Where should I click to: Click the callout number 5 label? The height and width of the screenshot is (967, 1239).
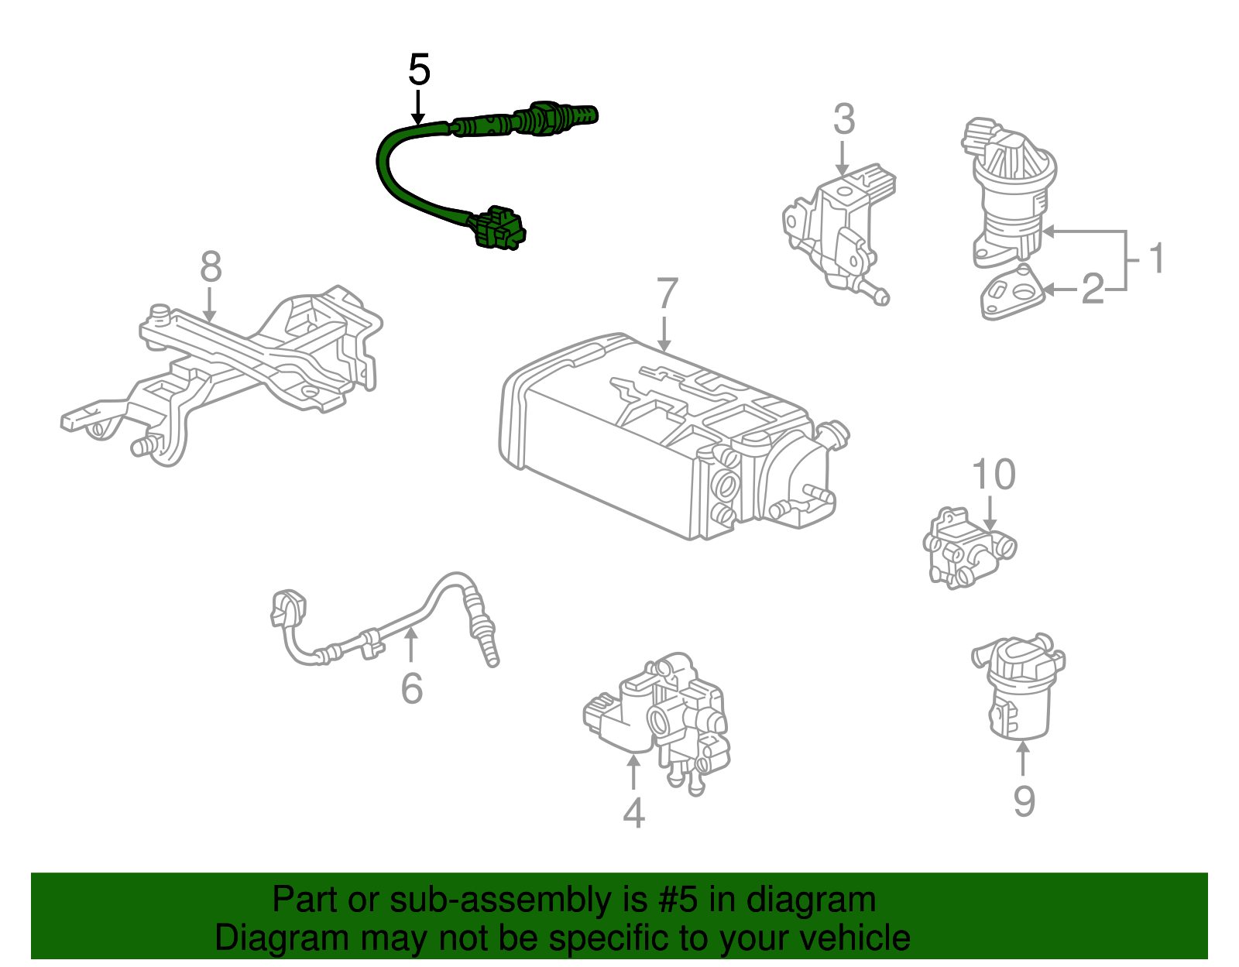(x=419, y=70)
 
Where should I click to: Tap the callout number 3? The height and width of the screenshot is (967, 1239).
(x=844, y=120)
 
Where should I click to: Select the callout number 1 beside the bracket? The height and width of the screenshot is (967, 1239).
(x=1156, y=259)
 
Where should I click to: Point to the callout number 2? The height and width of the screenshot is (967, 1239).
(x=1093, y=290)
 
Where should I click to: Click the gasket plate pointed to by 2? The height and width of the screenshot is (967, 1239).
(x=1011, y=294)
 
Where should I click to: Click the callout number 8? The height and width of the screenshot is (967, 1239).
(x=211, y=267)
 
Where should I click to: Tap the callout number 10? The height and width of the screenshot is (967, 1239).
(x=994, y=475)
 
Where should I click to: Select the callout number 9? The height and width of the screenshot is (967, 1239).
(x=1024, y=801)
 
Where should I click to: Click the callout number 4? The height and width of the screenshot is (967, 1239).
(x=633, y=813)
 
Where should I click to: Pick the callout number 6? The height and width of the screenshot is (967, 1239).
(x=412, y=688)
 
